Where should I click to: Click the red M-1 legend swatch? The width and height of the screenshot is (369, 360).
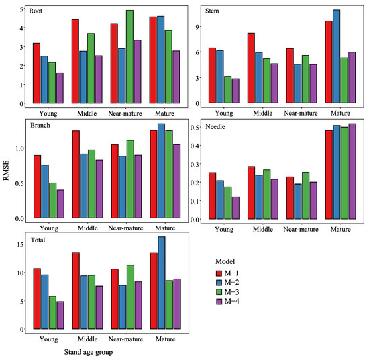pos(219,273)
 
